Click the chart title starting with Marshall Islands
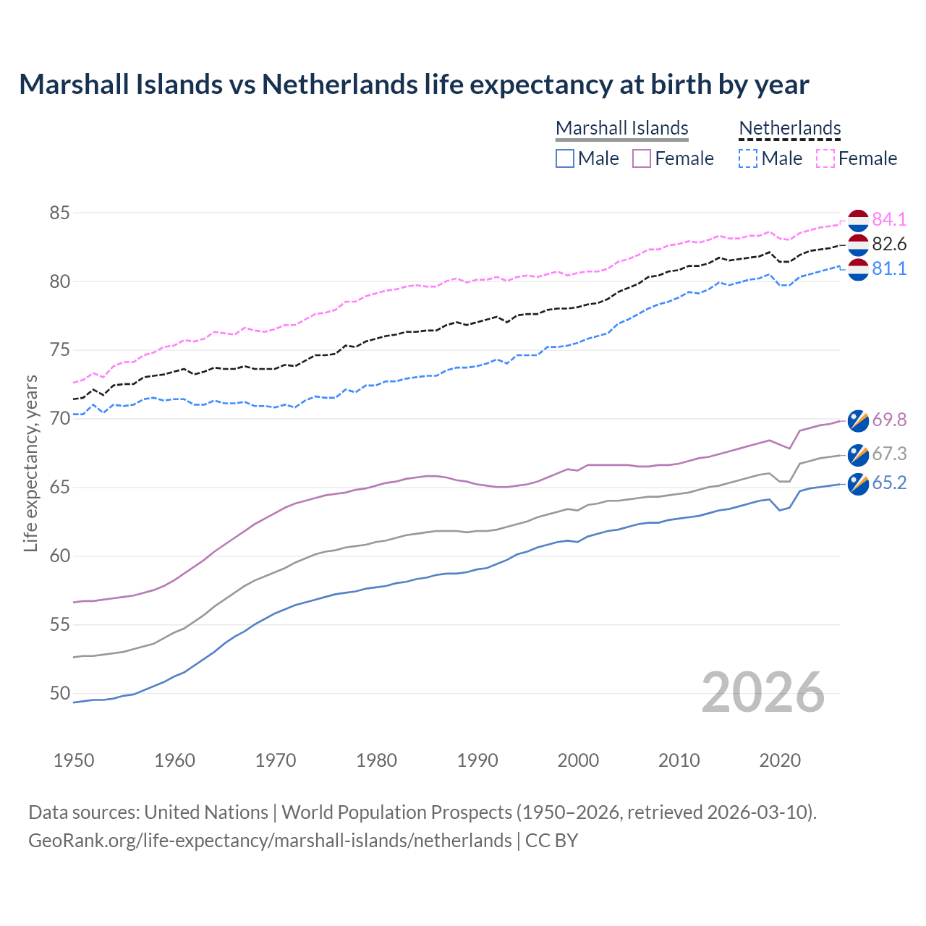[414, 85]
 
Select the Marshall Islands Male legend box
[565, 158]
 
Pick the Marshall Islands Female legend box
[642, 158]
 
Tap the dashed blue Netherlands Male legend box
[748, 158]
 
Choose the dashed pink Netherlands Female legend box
[825, 158]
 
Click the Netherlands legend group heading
[789, 128]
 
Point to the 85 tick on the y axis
[60, 213]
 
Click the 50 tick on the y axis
[60, 694]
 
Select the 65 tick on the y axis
[60, 488]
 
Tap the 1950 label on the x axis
[74, 760]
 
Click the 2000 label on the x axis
[578, 760]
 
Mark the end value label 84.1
[889, 219]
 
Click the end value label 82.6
[889, 244]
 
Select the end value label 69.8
[889, 420]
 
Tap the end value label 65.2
[889, 483]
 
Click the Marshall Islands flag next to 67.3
[858, 454]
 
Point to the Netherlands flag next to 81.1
[858, 269]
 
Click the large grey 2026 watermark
[763, 692]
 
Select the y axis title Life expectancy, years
[31, 463]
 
